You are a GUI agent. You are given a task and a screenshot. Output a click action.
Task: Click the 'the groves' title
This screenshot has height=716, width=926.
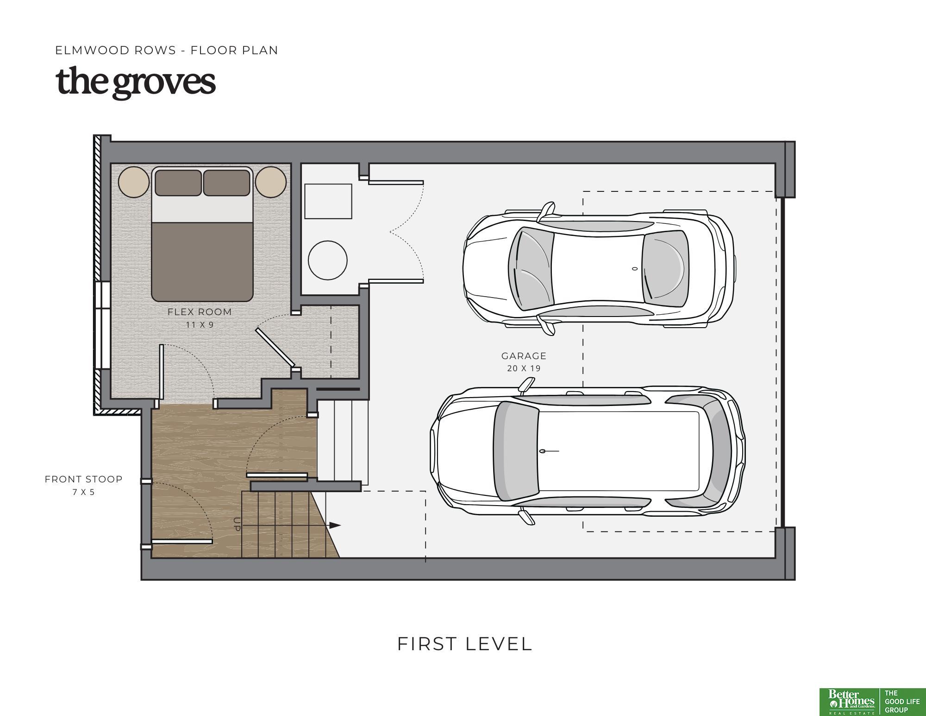(136, 82)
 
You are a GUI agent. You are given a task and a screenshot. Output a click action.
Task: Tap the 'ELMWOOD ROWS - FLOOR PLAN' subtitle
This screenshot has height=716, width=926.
(167, 50)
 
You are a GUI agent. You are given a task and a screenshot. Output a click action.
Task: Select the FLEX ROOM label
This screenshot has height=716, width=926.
(200, 312)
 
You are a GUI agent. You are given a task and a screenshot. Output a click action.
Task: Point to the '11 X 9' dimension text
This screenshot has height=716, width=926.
(200, 325)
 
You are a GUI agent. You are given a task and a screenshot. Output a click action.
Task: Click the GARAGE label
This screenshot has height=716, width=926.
(524, 356)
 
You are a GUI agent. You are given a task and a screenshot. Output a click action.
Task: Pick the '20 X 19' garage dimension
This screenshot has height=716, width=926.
(524, 368)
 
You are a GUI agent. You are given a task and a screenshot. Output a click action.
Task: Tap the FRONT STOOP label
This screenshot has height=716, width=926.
(84, 479)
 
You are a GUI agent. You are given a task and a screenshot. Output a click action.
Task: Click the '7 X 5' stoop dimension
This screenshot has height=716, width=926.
(84, 492)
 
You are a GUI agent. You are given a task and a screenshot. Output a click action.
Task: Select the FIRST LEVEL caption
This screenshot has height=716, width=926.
(465, 644)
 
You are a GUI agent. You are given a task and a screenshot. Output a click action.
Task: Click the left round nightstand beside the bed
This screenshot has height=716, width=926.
(134, 182)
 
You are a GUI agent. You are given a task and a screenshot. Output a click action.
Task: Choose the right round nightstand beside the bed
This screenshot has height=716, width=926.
(271, 182)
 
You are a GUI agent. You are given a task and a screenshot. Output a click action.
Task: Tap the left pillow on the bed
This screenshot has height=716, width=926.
(178, 183)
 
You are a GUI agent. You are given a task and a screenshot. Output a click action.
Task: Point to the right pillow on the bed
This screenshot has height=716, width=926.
(226, 183)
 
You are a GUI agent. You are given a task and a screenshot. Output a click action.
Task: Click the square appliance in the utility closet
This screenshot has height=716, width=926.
(328, 201)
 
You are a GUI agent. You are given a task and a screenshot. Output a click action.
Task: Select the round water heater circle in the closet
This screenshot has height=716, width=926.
(328, 260)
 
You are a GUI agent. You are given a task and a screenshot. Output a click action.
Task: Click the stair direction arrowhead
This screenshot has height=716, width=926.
(335, 525)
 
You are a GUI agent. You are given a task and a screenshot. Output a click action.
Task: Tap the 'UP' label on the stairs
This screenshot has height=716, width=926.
(237, 524)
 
